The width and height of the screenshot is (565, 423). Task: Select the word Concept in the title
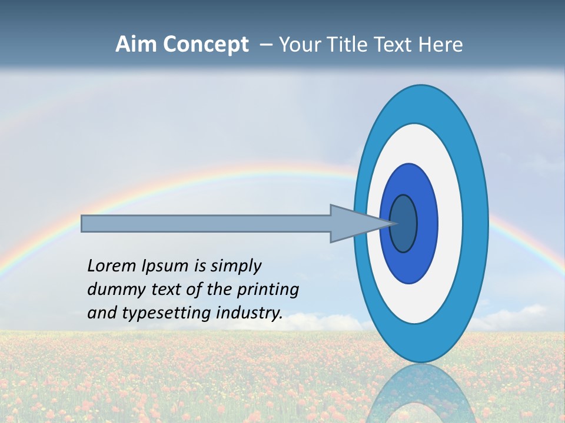[x=205, y=45]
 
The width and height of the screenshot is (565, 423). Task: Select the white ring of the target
[x=450, y=223]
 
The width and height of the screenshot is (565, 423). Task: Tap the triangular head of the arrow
[x=353, y=223]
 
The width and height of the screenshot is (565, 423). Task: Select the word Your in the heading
[x=298, y=45]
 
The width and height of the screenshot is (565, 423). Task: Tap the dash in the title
[x=266, y=45]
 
